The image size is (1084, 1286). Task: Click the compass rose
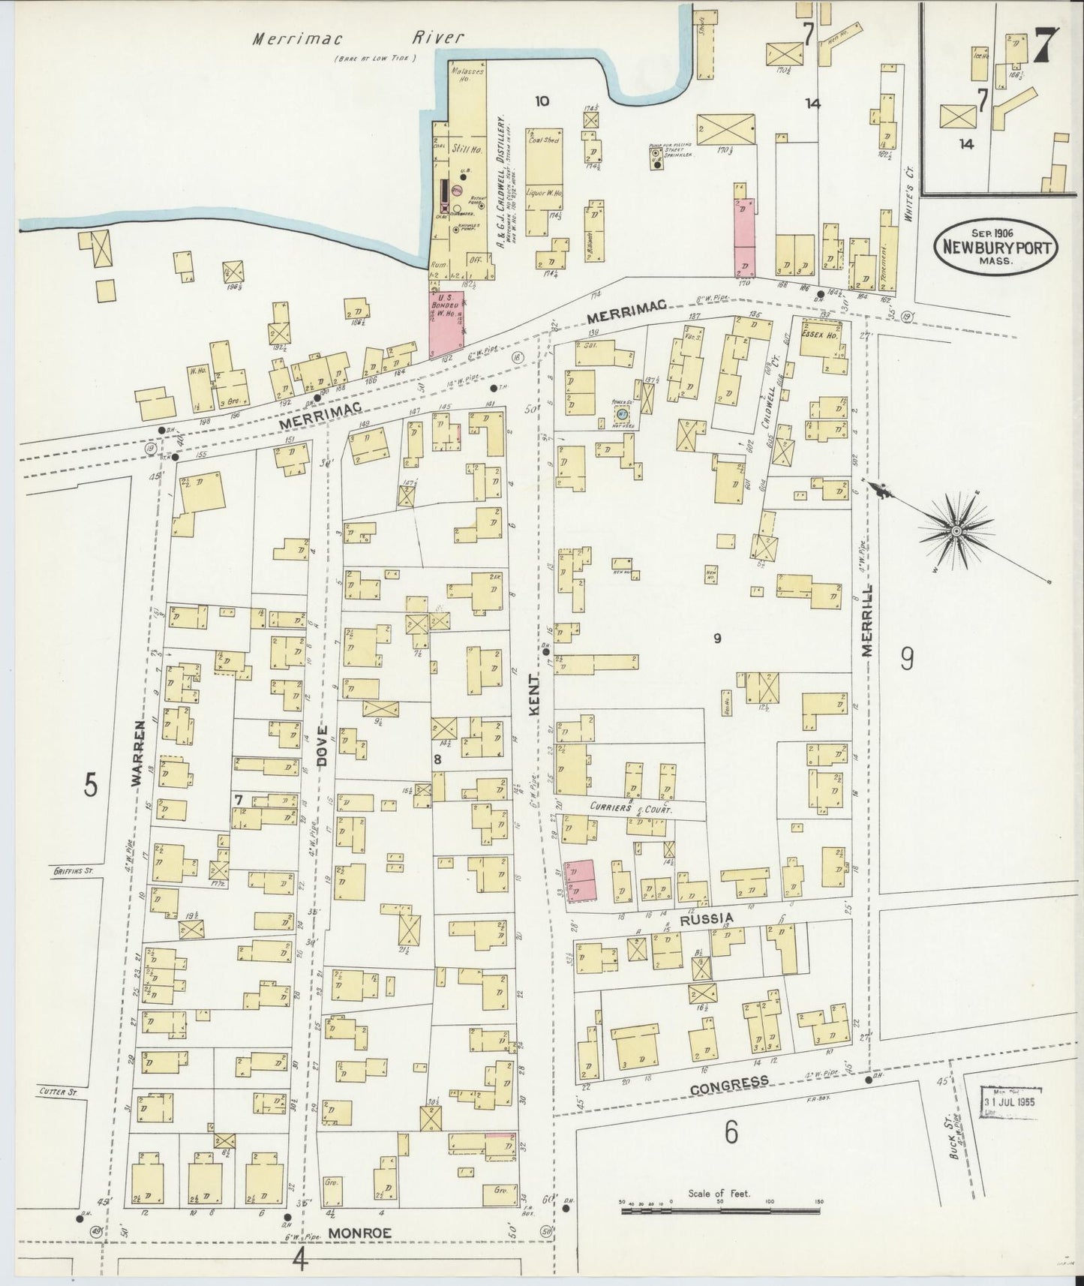click(x=956, y=530)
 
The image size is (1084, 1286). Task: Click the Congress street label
click(x=729, y=1083)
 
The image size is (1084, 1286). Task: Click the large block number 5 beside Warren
click(x=91, y=785)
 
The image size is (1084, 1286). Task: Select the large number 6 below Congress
click(x=732, y=1132)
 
